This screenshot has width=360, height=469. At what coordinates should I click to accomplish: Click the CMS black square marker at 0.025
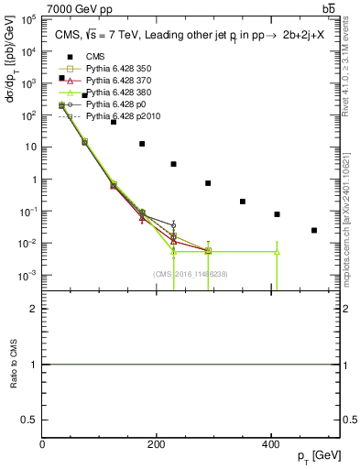point(314,230)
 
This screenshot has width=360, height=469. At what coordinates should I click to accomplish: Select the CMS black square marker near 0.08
point(277,214)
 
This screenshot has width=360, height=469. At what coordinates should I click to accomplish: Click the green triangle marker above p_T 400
point(277,251)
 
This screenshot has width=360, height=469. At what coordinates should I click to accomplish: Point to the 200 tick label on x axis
point(156,445)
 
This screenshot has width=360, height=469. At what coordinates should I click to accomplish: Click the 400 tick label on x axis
point(269,445)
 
